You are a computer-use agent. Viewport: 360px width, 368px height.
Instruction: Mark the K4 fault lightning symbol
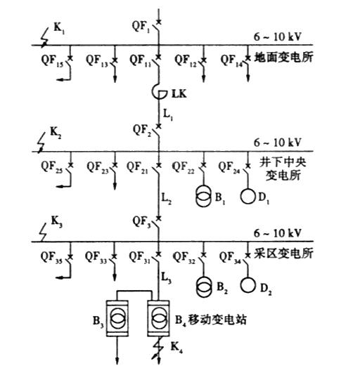pyautogui.click(x=158, y=348)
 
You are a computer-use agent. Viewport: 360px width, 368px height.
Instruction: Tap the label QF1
pyautogui.click(x=141, y=26)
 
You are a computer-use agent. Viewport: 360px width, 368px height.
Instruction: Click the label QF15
pyautogui.click(x=52, y=60)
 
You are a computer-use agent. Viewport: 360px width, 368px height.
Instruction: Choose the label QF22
pyautogui.click(x=184, y=167)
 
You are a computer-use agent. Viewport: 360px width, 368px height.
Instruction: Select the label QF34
pyautogui.click(x=230, y=257)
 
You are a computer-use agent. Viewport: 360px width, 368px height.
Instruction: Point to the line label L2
pyautogui.click(x=166, y=199)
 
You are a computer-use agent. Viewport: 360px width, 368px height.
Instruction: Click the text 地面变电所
pyautogui.click(x=283, y=57)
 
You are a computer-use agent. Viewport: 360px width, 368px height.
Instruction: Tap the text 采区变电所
pyautogui.click(x=283, y=254)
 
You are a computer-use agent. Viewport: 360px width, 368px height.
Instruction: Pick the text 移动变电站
pyautogui.click(x=217, y=319)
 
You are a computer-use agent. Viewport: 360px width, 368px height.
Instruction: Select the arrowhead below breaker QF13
pyautogui.click(x=115, y=79)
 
